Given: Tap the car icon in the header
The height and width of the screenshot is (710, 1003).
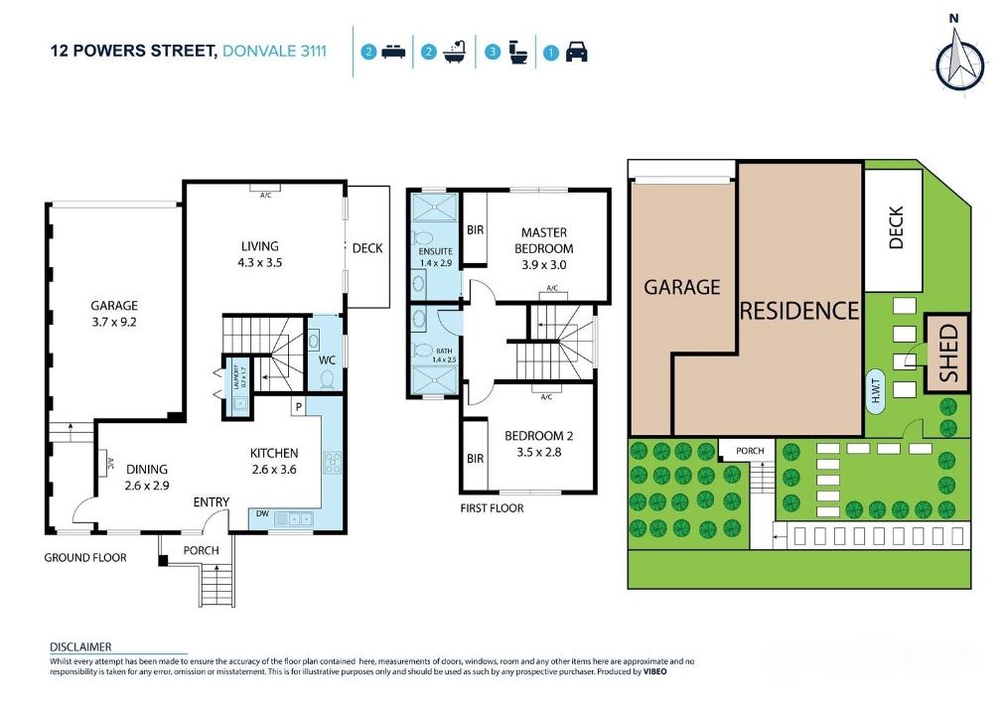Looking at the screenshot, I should pos(576,53).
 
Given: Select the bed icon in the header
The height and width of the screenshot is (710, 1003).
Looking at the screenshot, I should pos(394,53).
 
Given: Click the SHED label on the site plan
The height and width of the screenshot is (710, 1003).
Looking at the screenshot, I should pos(948,354).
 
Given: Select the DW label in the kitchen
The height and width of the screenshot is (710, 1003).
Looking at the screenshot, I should pos(263,515).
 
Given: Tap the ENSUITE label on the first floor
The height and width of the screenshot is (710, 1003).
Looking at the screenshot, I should pos(434,252).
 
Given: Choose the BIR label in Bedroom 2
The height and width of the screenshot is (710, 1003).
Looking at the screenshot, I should pos(475,459).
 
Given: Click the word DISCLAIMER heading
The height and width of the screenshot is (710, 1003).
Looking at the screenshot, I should pos(79,646).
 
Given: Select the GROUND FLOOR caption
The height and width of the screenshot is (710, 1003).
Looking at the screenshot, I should pos(84,558).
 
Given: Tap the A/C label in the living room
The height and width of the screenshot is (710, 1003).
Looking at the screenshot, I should pos(265,196).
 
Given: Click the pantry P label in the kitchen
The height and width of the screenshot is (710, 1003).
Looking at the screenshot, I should pos(296,407).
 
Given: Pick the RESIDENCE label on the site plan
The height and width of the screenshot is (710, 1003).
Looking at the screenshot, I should pos(798,310).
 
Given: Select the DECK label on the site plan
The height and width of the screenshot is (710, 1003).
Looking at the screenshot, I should pos(895,227).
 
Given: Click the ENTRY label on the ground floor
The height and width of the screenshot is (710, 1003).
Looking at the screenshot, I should pos(212,502).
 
